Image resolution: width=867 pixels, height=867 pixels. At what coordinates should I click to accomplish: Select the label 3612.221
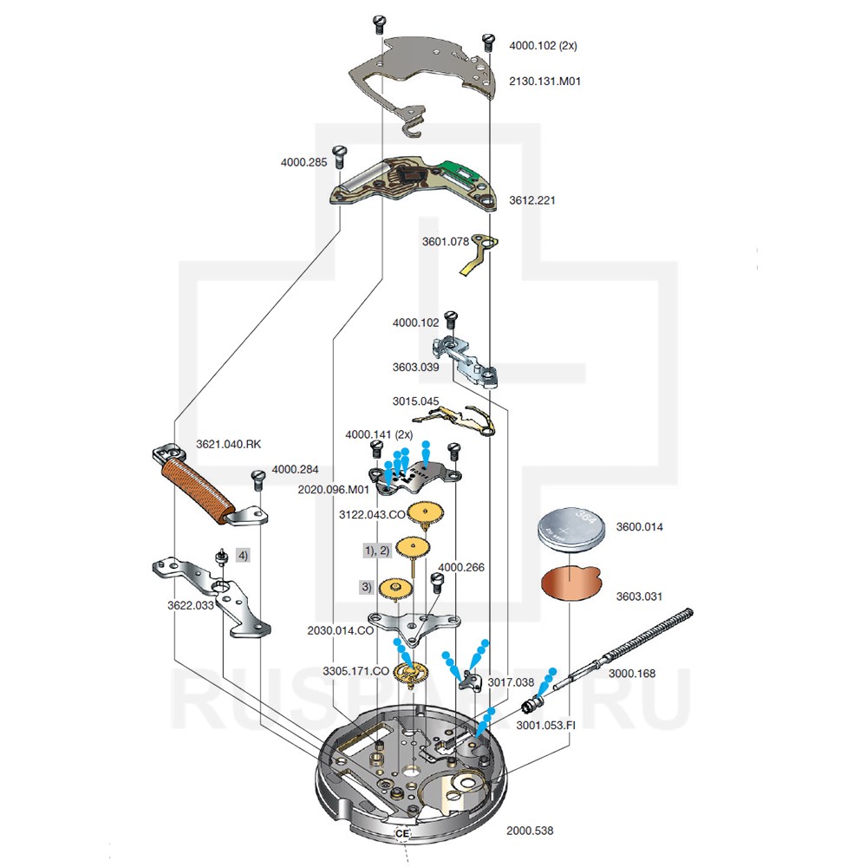click(x=531, y=200)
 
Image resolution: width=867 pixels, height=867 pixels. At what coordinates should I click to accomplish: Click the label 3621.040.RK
click(x=228, y=444)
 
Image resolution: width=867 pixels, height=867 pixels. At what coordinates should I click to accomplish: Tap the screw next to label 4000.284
click(x=257, y=479)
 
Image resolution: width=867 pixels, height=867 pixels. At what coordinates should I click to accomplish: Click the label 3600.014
click(x=639, y=526)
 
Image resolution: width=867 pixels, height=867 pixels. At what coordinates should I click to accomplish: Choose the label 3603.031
click(x=639, y=596)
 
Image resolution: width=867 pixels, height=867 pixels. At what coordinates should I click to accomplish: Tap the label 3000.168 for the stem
click(x=631, y=673)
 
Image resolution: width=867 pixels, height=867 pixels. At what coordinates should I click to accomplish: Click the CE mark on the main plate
click(x=401, y=833)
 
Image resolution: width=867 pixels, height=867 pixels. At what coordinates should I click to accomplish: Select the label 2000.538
click(x=529, y=830)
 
